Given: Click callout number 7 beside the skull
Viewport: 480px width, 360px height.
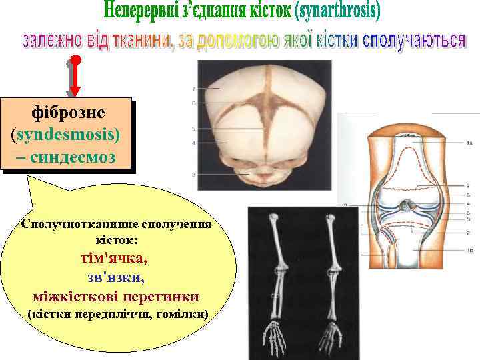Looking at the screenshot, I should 194,88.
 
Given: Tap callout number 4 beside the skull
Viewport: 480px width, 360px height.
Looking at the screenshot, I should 194,143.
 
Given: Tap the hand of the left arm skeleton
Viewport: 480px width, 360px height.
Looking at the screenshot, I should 274,337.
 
